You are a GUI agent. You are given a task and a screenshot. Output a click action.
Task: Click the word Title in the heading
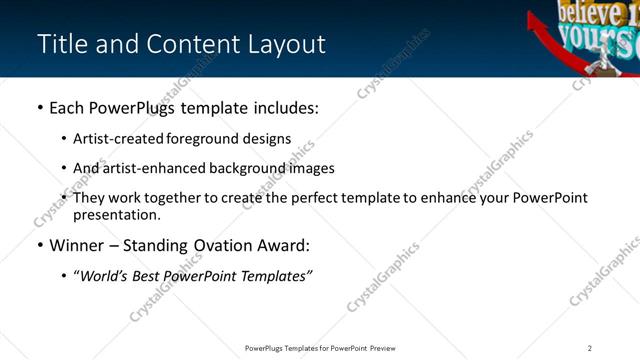point(61,45)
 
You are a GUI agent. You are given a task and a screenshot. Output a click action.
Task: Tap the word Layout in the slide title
point(284,45)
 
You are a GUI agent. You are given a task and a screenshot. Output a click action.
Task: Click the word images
point(312,168)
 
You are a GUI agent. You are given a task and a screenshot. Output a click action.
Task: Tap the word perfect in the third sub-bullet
point(305,198)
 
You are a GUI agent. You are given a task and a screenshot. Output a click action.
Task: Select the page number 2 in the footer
point(590,348)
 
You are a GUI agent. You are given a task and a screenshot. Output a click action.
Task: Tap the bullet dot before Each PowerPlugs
point(39,108)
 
